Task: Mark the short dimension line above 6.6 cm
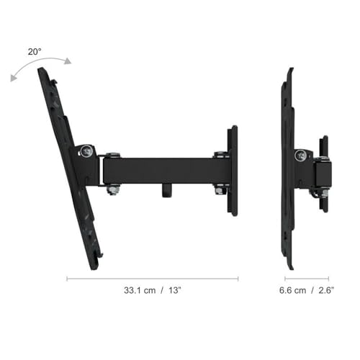coord(307,279)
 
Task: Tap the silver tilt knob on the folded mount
coord(300,154)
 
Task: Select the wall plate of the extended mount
coord(232,170)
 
